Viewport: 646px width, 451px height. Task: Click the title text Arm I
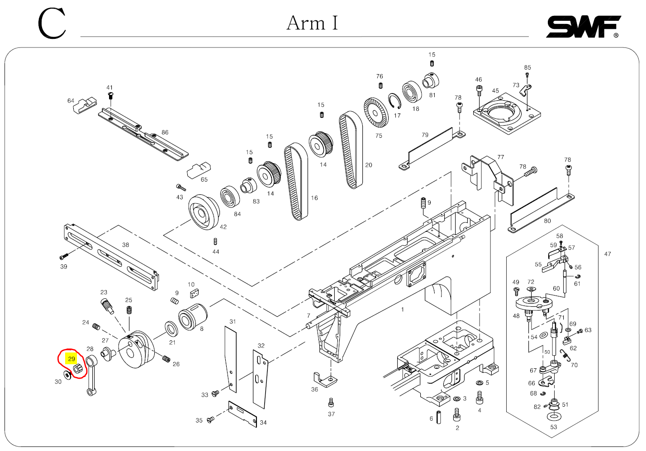coord(312,23)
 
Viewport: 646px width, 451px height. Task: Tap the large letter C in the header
coord(52,23)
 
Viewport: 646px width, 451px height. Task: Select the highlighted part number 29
coord(71,359)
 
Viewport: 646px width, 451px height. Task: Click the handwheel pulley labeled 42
coord(204,212)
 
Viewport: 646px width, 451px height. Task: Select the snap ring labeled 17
coord(394,101)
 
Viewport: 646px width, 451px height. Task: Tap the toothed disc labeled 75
coord(376,112)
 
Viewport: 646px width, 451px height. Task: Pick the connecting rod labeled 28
coord(91,375)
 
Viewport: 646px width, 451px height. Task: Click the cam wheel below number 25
coord(136,350)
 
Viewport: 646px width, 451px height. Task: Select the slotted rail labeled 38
coord(111,257)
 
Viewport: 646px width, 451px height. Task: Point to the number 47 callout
coord(608,254)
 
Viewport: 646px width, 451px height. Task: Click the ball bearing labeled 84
coord(230,196)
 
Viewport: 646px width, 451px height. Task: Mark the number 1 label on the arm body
coord(403,310)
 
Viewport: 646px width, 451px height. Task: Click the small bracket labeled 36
coord(325,380)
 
